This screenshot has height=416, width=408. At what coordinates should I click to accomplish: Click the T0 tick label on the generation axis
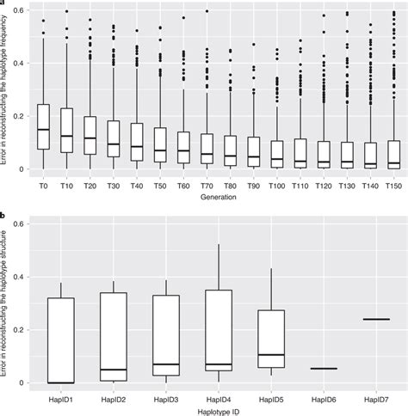click(42, 184)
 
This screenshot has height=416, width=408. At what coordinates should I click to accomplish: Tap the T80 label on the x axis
click(229, 184)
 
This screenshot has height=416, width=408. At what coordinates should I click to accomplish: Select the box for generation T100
click(275, 152)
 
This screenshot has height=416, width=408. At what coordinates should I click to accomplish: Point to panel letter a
click(3, 4)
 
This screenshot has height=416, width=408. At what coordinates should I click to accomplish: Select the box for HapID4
click(219, 330)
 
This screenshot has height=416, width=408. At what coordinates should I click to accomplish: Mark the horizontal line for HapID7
click(376, 319)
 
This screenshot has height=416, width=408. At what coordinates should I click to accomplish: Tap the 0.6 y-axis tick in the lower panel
click(21, 223)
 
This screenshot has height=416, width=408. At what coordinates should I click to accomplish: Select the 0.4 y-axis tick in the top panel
click(21, 63)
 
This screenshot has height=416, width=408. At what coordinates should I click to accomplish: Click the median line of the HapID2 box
click(113, 370)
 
